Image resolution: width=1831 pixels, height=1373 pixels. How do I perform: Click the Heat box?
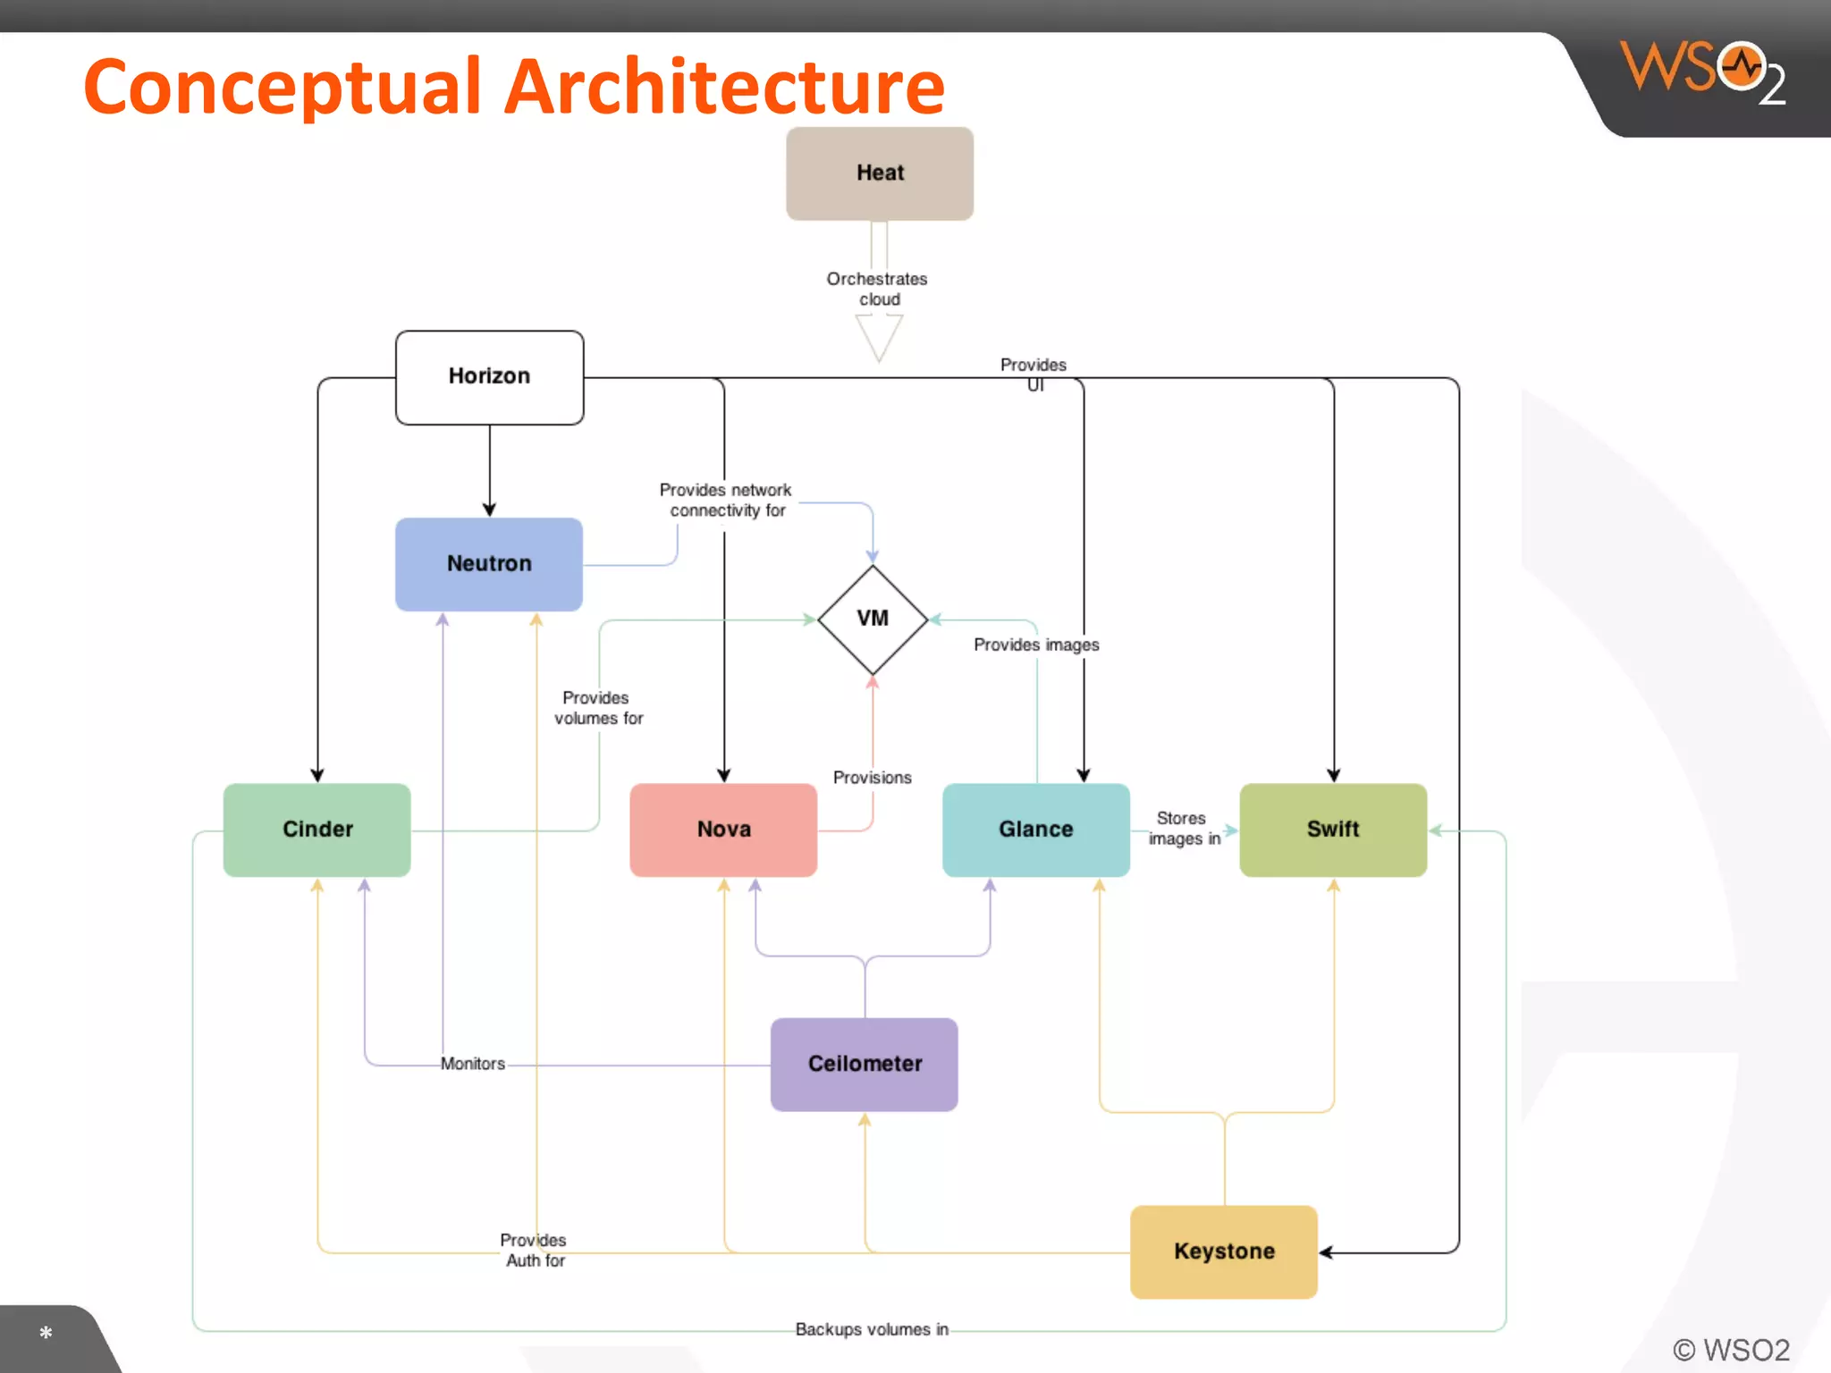[880, 173]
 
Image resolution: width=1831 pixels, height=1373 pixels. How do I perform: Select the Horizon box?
[489, 376]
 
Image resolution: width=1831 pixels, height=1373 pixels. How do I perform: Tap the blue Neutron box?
[489, 564]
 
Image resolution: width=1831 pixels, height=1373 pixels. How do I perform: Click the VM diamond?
[873, 619]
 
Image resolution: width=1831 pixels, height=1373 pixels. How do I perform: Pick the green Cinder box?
[317, 830]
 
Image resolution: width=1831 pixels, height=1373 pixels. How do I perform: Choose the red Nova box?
[723, 830]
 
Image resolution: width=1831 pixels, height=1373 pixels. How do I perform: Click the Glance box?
[1036, 830]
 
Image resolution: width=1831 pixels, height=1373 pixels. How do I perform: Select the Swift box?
[1333, 830]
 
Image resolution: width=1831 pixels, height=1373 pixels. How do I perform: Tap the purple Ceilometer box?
[865, 1064]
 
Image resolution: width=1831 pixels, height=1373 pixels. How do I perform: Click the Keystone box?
[1224, 1251]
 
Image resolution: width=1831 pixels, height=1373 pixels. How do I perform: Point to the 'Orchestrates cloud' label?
[878, 289]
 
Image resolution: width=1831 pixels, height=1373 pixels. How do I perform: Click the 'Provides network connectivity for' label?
[726, 501]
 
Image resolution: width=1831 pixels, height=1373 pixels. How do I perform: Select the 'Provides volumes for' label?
[598, 708]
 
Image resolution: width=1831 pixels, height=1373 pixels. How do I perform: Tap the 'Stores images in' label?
[1184, 829]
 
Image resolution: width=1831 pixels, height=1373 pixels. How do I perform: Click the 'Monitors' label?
[473, 1064]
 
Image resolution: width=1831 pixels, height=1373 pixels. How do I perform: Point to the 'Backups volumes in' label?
[872, 1329]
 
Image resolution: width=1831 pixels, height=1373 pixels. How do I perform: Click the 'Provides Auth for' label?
[534, 1250]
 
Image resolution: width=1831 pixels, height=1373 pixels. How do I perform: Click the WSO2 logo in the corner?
[1703, 72]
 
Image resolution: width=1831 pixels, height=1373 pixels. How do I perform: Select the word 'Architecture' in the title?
[724, 87]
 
